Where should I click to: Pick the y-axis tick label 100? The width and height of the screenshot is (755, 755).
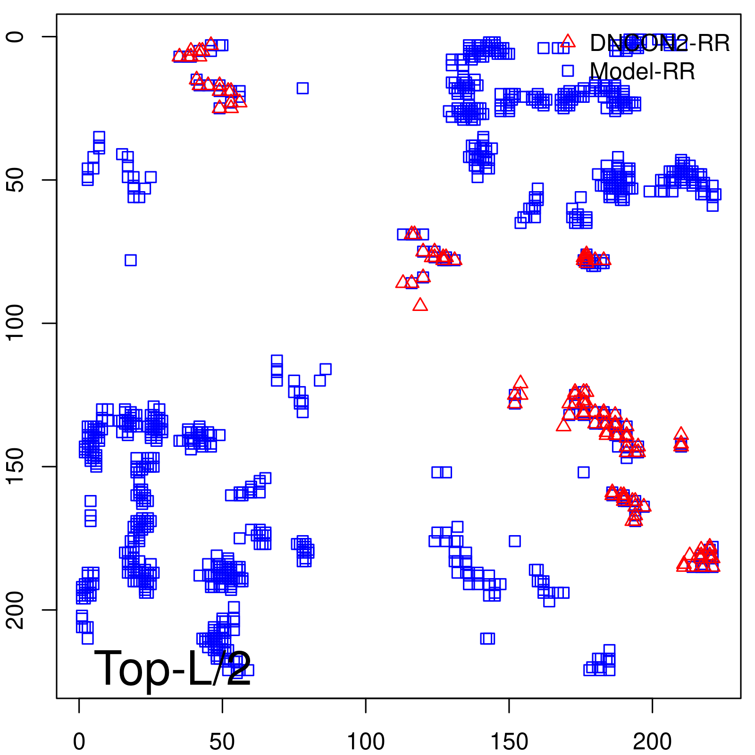(15, 323)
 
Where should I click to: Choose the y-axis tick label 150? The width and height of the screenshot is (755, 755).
(15, 466)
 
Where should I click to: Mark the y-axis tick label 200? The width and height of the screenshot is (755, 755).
(15, 610)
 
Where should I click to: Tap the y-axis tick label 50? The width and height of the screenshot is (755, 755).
(15, 180)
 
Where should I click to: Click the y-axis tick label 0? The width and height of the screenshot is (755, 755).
(15, 37)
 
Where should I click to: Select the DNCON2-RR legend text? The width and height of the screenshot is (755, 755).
(660, 43)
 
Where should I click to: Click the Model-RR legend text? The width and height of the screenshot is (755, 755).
(642, 72)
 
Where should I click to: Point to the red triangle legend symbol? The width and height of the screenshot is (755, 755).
(568, 42)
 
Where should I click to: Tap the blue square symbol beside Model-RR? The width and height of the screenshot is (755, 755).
(568, 71)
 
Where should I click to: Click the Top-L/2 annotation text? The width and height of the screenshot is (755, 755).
(173, 668)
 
